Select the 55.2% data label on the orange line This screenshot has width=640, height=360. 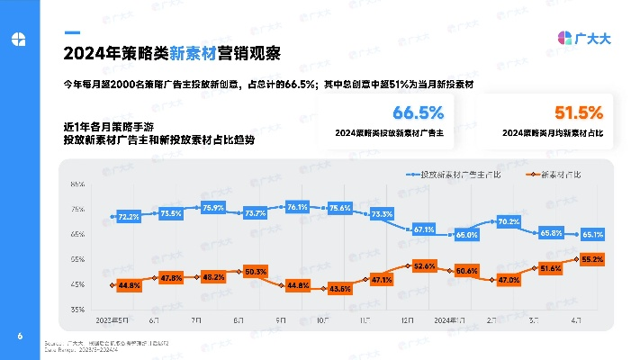[x=593, y=259]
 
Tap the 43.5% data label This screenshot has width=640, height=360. [x=340, y=289]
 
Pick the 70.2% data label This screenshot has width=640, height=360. [x=509, y=221]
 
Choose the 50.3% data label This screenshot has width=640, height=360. [x=256, y=271]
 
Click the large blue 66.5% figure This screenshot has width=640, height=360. [x=418, y=112]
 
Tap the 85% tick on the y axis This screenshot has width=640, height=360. [x=77, y=184]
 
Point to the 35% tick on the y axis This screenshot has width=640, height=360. [x=77, y=309]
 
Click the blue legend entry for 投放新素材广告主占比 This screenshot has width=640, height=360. [x=455, y=174]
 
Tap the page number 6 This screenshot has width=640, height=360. [x=19, y=337]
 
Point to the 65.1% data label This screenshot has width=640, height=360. [x=593, y=235]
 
